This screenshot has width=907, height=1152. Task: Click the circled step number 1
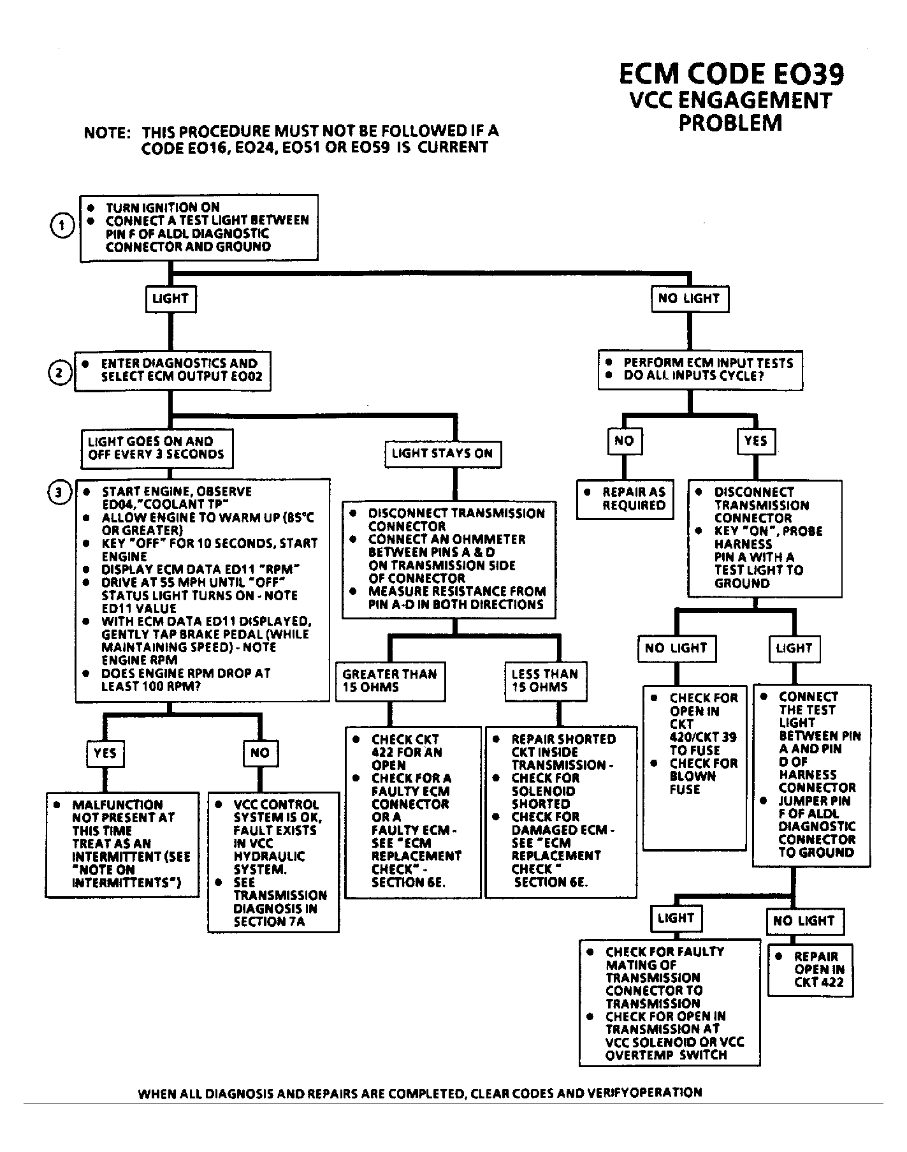(x=62, y=226)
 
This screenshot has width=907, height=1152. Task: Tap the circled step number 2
(x=60, y=373)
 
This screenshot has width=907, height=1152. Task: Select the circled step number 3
(x=60, y=493)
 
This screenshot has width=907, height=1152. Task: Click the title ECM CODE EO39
(x=731, y=74)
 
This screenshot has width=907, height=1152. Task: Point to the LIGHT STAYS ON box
(x=442, y=454)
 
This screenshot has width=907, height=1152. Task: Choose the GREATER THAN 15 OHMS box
(x=390, y=681)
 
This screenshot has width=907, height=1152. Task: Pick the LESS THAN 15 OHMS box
(x=546, y=681)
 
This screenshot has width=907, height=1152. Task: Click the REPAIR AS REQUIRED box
(x=625, y=499)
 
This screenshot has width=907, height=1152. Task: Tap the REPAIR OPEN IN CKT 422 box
(x=810, y=969)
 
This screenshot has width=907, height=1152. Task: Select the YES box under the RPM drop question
(x=105, y=753)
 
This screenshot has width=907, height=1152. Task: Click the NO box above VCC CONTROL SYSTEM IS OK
(x=260, y=753)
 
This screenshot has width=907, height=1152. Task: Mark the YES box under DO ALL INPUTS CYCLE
(x=756, y=441)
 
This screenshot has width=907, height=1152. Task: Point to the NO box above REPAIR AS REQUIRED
(x=624, y=441)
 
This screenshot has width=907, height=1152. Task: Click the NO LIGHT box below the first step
(x=690, y=299)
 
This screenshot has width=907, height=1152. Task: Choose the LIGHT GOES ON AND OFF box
(x=157, y=448)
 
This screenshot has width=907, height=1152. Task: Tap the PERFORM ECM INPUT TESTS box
(x=700, y=369)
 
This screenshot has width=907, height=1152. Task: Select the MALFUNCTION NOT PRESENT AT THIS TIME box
(x=122, y=845)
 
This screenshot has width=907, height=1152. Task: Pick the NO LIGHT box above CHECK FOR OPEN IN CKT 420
(x=676, y=649)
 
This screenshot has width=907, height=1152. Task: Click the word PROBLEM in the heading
(x=730, y=122)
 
